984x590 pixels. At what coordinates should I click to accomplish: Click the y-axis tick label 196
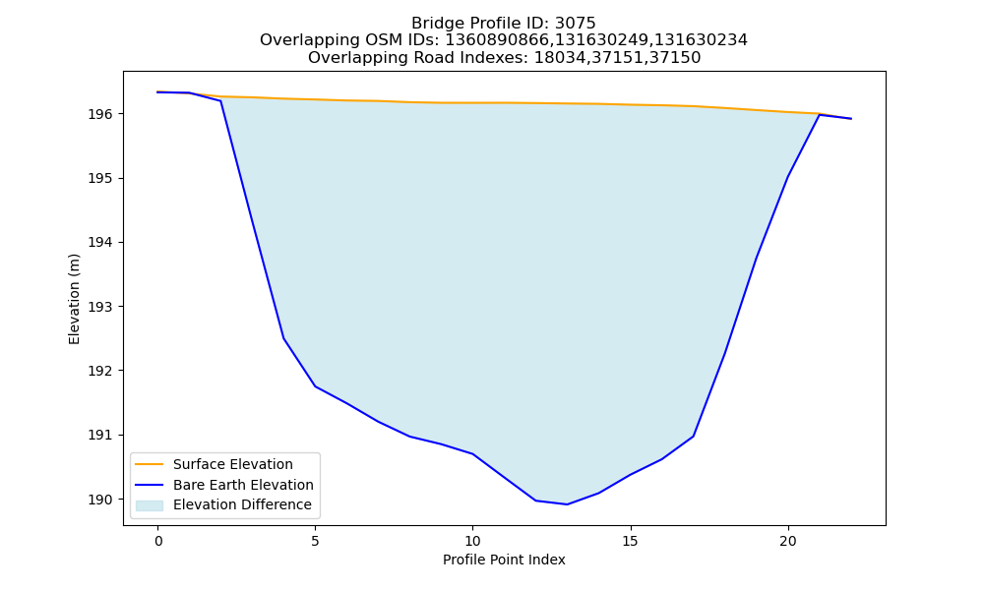100,114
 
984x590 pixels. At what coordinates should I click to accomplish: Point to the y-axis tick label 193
100,307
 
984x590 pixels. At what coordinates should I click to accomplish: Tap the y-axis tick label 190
100,500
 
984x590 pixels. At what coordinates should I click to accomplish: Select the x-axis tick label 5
315,541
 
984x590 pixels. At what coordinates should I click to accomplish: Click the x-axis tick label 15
630,541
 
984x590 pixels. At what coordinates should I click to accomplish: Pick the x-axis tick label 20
787,541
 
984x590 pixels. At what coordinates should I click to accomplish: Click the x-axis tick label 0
158,541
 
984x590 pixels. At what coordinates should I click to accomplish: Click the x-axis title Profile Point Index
504,560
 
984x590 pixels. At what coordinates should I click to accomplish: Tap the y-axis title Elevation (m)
74,299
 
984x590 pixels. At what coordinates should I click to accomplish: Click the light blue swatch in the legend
150,505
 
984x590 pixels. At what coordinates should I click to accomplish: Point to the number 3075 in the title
575,24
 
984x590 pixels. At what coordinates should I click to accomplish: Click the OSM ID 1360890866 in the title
495,40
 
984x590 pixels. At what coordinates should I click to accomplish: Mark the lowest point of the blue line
568,504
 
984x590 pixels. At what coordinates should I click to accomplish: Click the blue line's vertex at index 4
283,338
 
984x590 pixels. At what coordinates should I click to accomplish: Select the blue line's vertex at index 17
694,437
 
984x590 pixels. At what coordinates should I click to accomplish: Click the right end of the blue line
851,119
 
